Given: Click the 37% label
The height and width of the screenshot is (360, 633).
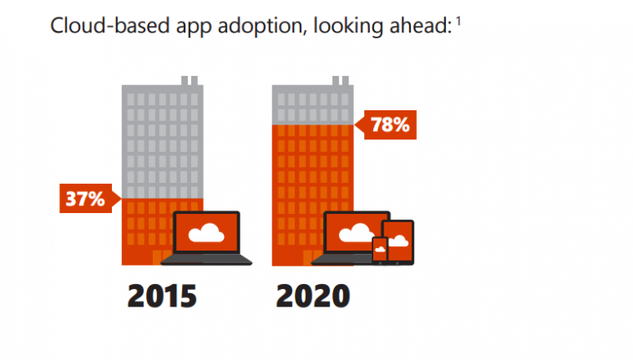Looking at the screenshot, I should click(86, 199).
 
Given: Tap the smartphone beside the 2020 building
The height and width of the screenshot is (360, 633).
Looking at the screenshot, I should click(380, 249).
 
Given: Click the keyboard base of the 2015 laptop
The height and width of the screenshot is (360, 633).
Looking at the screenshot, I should click(206, 260).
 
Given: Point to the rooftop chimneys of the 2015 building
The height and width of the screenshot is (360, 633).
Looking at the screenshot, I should click(190, 81).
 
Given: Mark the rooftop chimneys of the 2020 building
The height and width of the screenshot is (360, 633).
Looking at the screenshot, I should click(340, 81).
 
